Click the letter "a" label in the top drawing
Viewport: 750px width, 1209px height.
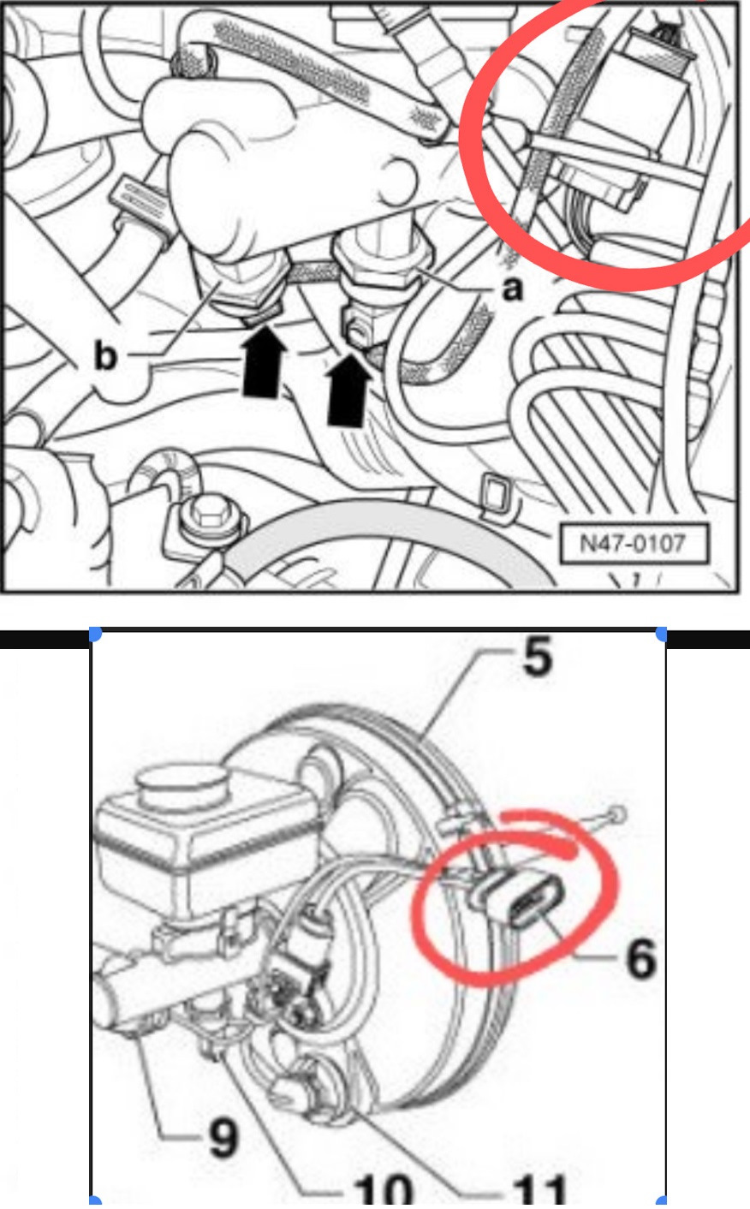click(x=512, y=289)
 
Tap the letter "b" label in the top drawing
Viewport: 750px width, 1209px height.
click(x=104, y=356)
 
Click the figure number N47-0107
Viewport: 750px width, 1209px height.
click(x=633, y=544)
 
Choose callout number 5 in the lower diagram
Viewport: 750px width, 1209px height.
click(x=537, y=658)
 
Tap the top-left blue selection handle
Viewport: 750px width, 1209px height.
click(x=94, y=634)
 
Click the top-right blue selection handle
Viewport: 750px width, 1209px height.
click(x=662, y=634)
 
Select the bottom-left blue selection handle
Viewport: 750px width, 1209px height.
click(x=94, y=1202)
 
